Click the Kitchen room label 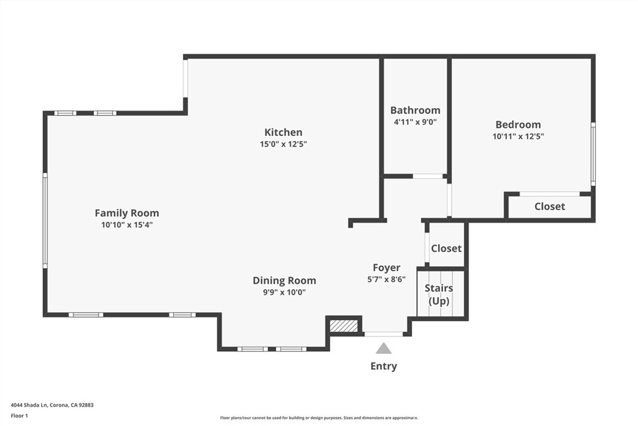pyautogui.click(x=283, y=132)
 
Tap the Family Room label pyautogui.click(x=126, y=213)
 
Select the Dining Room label pyautogui.click(x=284, y=281)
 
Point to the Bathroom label pyautogui.click(x=415, y=110)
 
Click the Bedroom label pyautogui.click(x=518, y=125)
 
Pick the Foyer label pyautogui.click(x=386, y=268)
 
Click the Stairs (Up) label pyautogui.click(x=439, y=294)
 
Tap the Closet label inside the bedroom pyautogui.click(x=550, y=206)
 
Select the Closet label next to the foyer pyautogui.click(x=446, y=248)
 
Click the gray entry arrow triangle pyautogui.click(x=384, y=349)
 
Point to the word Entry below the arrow pyautogui.click(x=384, y=366)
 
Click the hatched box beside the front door pyautogui.click(x=343, y=326)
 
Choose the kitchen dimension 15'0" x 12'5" pyautogui.click(x=283, y=144)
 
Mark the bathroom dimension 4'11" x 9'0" pyautogui.click(x=415, y=122)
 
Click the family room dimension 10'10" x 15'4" pyautogui.click(x=126, y=225)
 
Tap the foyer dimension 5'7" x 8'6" pyautogui.click(x=386, y=279)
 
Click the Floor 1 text pyautogui.click(x=19, y=415)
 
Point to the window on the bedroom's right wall pyautogui.click(x=593, y=153)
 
